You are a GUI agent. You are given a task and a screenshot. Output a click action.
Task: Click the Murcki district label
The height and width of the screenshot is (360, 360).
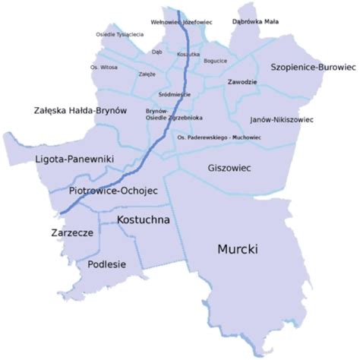(x=238, y=248)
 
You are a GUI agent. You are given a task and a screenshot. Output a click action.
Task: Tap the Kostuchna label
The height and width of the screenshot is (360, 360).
(x=144, y=219)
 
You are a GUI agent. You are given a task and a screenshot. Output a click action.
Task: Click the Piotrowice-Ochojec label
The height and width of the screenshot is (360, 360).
(x=112, y=191)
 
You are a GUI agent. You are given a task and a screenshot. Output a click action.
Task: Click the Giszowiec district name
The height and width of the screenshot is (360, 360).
(x=229, y=167)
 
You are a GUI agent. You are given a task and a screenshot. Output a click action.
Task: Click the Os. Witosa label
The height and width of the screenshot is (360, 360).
(x=104, y=68)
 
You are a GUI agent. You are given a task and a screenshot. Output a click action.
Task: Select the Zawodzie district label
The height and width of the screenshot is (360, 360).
(x=243, y=81)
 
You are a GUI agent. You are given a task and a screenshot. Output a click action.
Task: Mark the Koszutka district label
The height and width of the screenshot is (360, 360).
(x=188, y=55)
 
